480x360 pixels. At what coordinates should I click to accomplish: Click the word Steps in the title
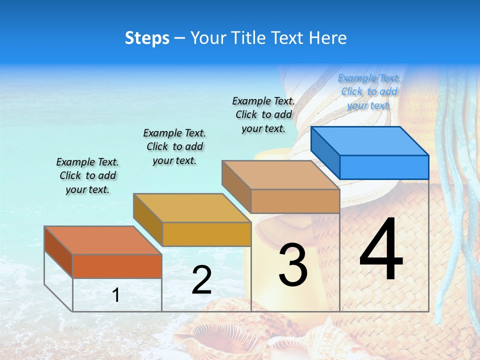[x=147, y=38]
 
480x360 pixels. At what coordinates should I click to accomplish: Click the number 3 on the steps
[x=292, y=265]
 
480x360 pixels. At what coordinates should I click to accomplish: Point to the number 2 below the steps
[x=201, y=280]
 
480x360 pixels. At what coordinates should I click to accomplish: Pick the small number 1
[x=115, y=295]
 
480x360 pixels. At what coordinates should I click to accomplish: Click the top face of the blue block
[x=369, y=140]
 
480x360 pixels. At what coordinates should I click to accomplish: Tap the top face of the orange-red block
[x=102, y=240]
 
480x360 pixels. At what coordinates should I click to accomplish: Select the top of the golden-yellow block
[x=191, y=208]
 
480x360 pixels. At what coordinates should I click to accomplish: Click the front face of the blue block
[x=384, y=167]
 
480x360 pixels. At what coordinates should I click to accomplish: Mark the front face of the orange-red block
[x=117, y=266]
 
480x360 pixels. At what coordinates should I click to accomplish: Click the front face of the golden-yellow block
[x=206, y=234]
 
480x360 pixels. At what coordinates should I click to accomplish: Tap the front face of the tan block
[x=295, y=201]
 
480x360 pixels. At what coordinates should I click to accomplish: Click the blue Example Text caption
[x=369, y=91]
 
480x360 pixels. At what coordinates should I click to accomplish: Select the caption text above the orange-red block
[x=87, y=175]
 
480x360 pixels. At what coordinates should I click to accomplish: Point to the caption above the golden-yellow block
[x=174, y=146]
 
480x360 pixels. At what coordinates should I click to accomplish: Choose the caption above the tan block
[x=263, y=114]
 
